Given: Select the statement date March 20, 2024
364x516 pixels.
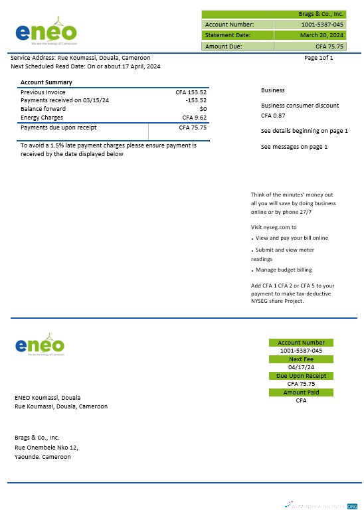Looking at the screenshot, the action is click(x=321, y=35).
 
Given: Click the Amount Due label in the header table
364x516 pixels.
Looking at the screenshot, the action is click(x=223, y=46).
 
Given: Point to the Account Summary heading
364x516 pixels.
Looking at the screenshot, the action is click(x=46, y=82).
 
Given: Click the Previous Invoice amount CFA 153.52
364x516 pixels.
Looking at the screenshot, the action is click(x=191, y=92).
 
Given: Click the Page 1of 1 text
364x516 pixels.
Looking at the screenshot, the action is click(x=318, y=58).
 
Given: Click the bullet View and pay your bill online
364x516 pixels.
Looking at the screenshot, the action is click(x=292, y=238).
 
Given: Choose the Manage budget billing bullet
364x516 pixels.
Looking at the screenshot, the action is click(x=284, y=270).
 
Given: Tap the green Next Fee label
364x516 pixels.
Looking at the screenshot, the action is click(x=301, y=359).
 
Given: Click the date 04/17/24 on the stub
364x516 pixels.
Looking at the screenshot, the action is click(x=301, y=367).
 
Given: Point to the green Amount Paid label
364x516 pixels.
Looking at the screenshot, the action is click(x=301, y=392).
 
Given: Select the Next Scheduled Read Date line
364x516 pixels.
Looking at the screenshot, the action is click(x=85, y=66).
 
